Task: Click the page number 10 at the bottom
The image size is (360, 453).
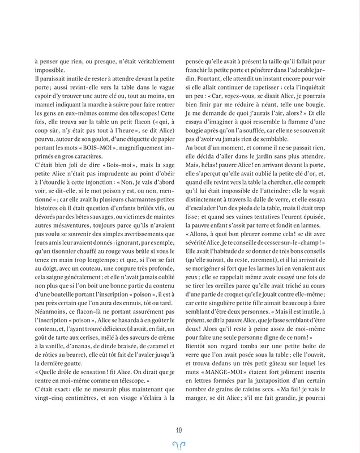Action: (179, 429)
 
